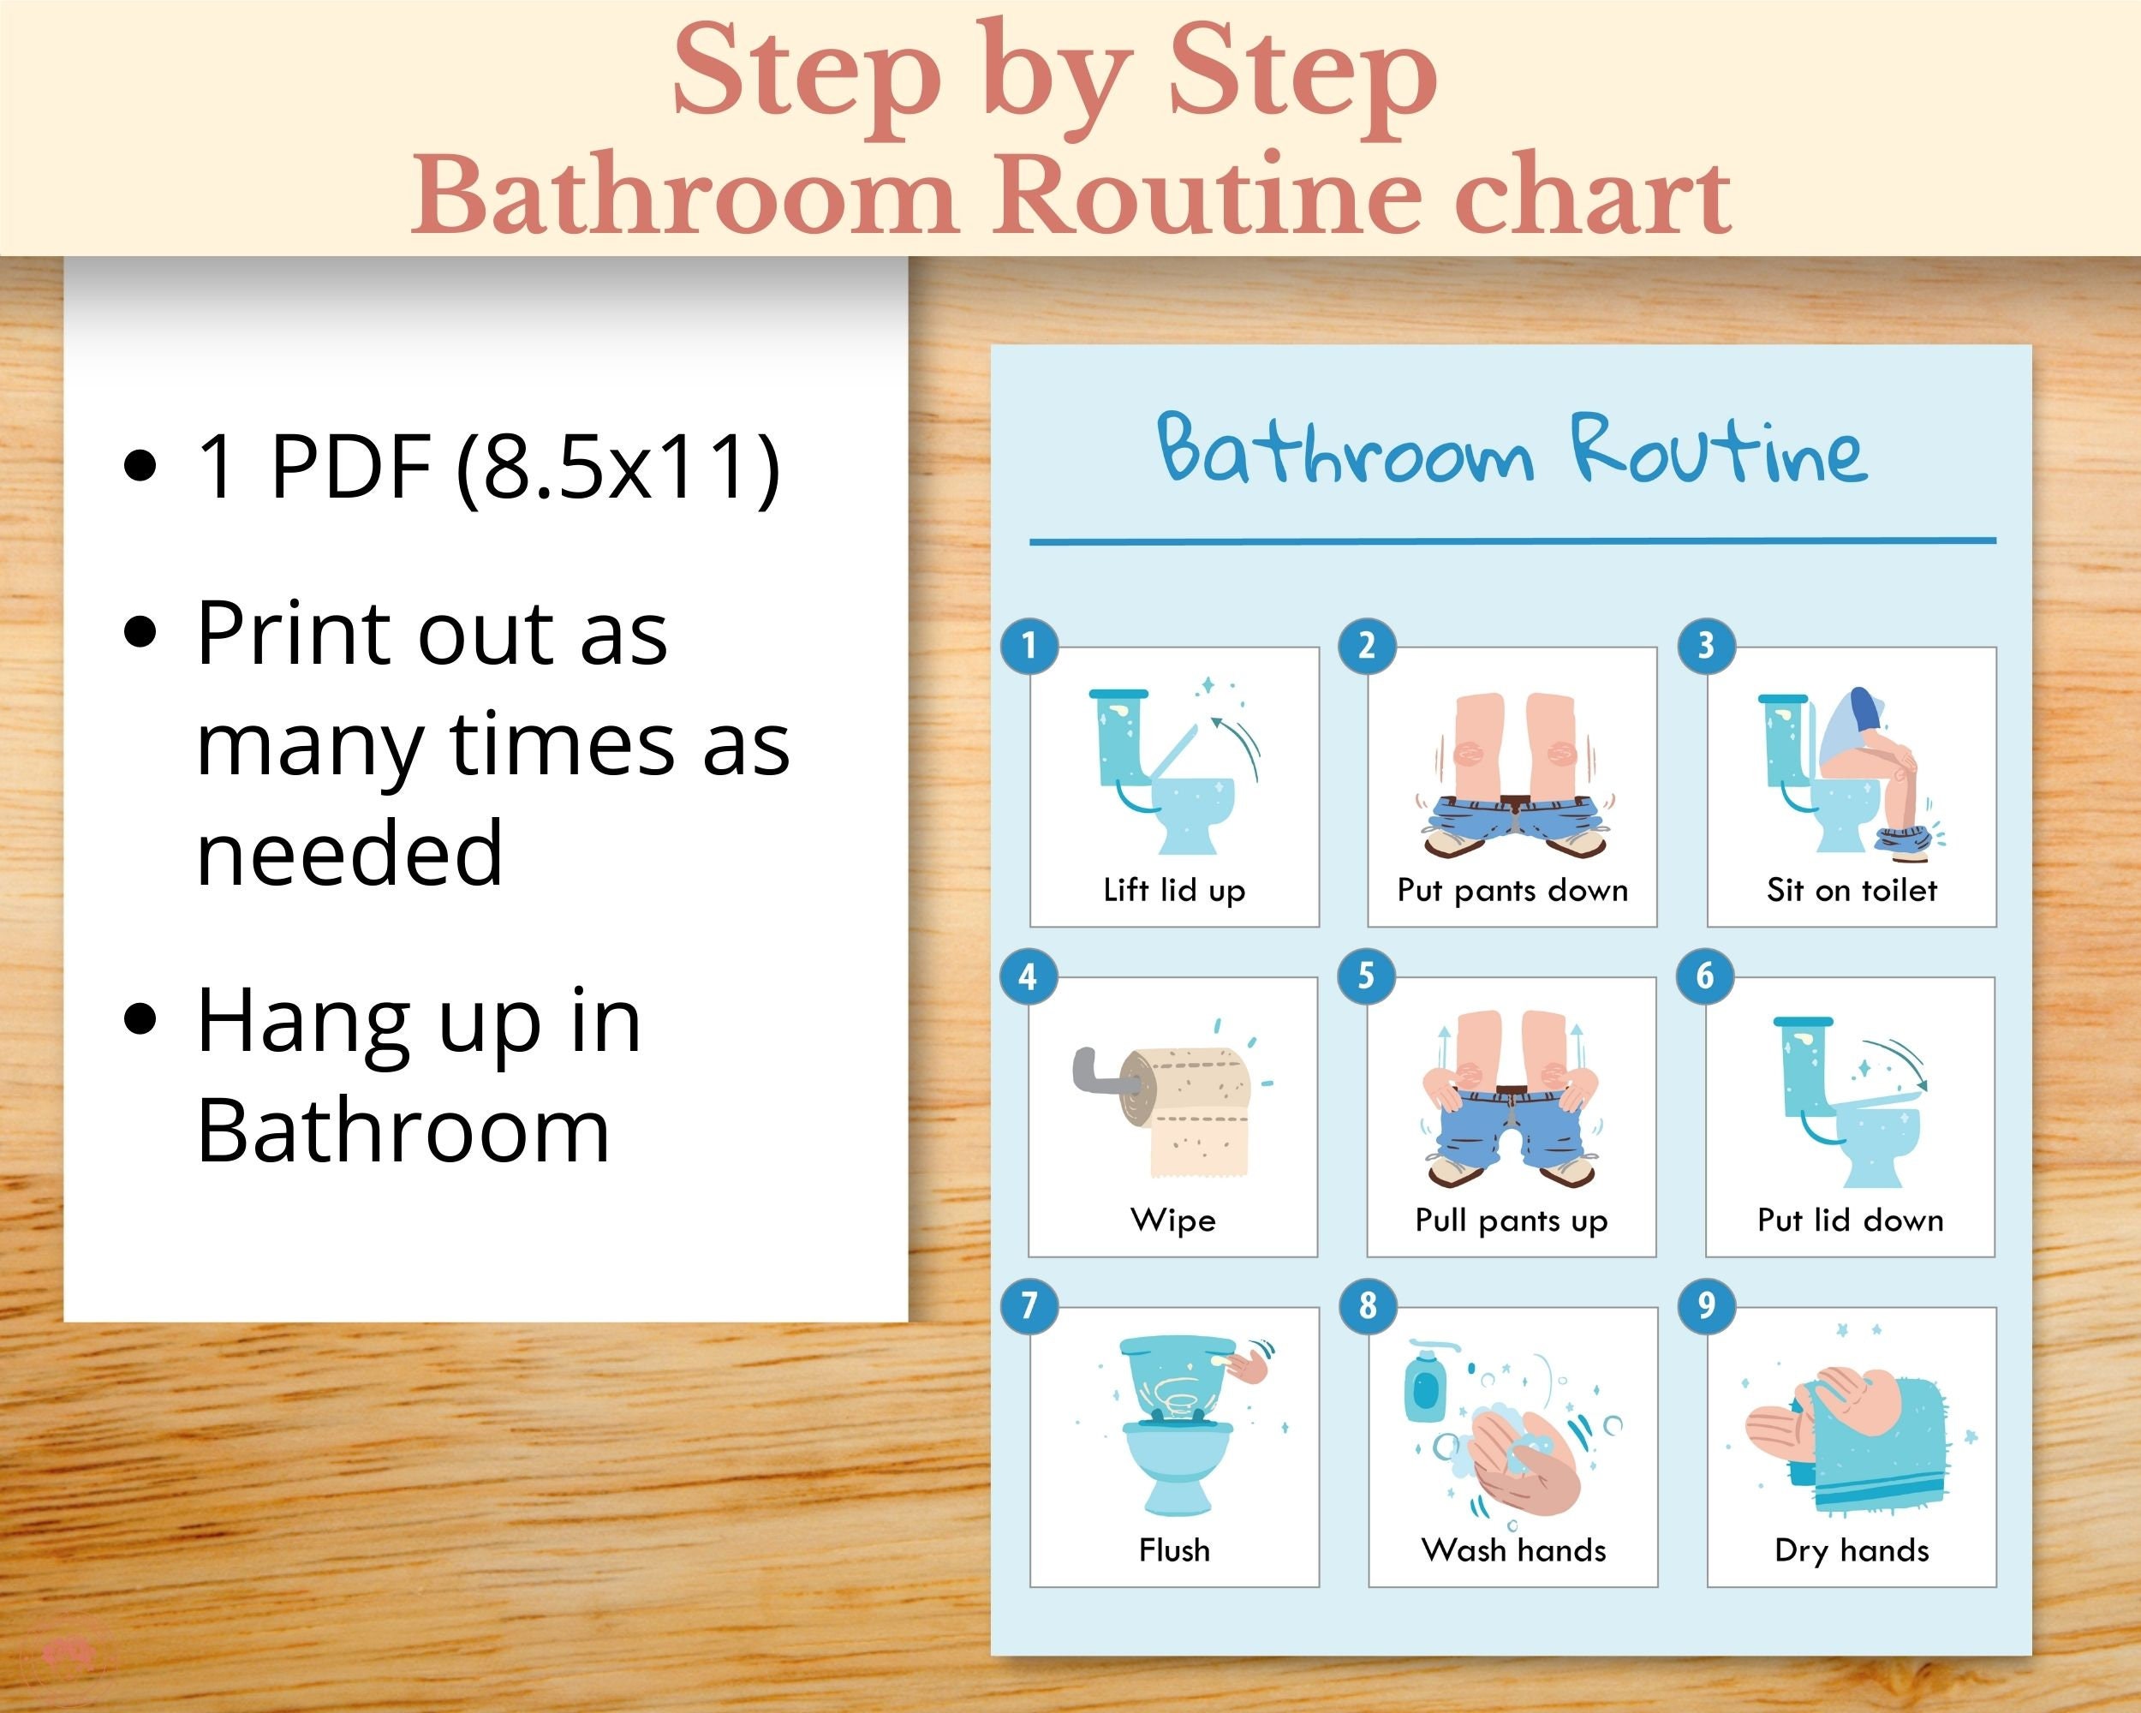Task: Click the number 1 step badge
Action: [x=1029, y=647]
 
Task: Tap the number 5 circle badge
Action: [x=1367, y=976]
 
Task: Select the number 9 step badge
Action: [x=1706, y=1306]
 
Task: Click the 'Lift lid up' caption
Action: [x=1174, y=890]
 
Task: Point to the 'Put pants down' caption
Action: [x=1512, y=890]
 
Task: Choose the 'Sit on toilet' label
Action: [x=1851, y=890]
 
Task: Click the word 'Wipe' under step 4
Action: [x=1172, y=1220]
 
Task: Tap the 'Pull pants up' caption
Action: [x=1511, y=1220]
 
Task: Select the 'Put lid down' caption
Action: [x=1850, y=1220]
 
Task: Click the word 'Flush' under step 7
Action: [x=1174, y=1550]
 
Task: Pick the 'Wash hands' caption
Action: [x=1512, y=1550]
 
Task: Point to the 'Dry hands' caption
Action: [x=1851, y=1550]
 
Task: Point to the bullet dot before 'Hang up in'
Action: [x=141, y=1019]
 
